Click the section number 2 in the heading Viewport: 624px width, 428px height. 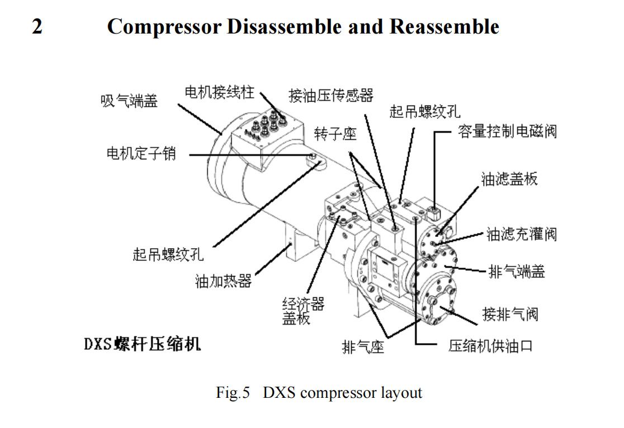pyautogui.click(x=37, y=26)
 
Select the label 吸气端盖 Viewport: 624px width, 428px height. pyautogui.click(x=129, y=101)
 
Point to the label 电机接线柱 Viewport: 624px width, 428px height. pyautogui.click(x=220, y=92)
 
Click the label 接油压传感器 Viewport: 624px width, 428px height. pyautogui.click(x=330, y=96)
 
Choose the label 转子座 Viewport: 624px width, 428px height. pyautogui.click(x=335, y=134)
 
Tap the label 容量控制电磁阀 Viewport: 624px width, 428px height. pyautogui.click(x=507, y=132)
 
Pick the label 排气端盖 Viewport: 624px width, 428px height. pyautogui.click(x=517, y=272)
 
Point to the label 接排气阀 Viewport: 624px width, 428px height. pyautogui.click(x=510, y=314)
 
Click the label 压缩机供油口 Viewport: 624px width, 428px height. pyautogui.click(x=490, y=346)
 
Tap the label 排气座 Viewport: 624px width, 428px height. pyautogui.click(x=363, y=348)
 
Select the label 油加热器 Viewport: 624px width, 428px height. pyautogui.click(x=224, y=281)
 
